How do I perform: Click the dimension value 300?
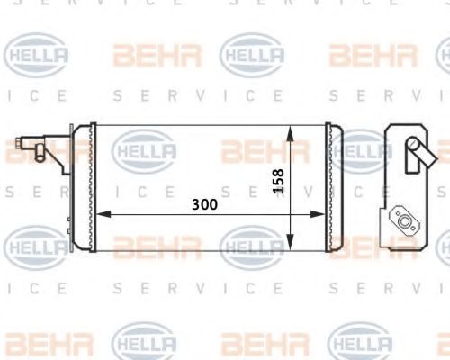pyautogui.click(x=204, y=204)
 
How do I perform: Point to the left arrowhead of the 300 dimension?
pyautogui.click(x=102, y=214)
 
